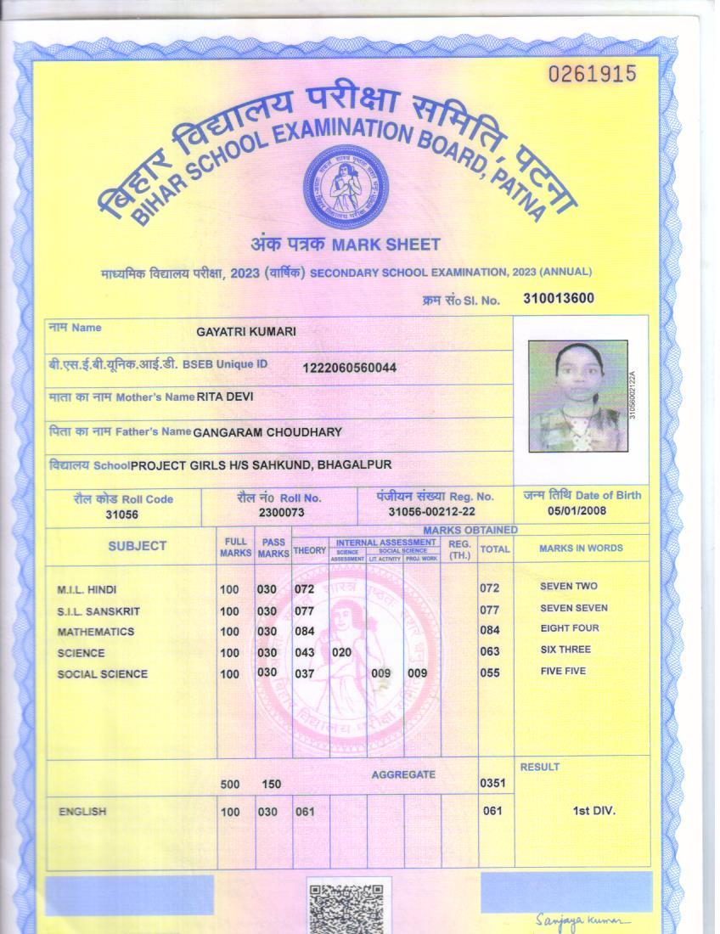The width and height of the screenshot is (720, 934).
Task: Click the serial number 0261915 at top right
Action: pyautogui.click(x=592, y=74)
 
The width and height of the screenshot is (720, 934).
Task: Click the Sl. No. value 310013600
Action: pyautogui.click(x=559, y=298)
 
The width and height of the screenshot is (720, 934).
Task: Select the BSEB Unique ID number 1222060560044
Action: pyautogui.click(x=349, y=368)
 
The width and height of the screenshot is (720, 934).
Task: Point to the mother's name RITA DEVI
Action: pyautogui.click(x=224, y=397)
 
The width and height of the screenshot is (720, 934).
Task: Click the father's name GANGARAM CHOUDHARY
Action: pyautogui.click(x=267, y=432)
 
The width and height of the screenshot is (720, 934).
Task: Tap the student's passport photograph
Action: pyautogui.click(x=578, y=396)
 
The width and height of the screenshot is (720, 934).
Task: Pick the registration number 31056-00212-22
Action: pyautogui.click(x=432, y=512)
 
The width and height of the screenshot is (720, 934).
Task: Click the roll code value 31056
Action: pyautogui.click(x=121, y=514)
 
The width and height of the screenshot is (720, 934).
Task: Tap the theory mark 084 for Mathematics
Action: pyautogui.click(x=304, y=631)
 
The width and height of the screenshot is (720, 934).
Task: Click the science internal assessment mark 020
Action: pyautogui.click(x=341, y=652)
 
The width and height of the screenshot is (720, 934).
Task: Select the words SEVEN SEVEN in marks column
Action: pyautogui.click(x=573, y=608)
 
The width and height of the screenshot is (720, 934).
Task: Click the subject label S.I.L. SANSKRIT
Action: pyautogui.click(x=98, y=611)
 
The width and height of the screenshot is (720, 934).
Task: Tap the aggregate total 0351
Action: pyautogui.click(x=492, y=783)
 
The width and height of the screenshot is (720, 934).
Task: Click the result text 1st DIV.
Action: pyautogui.click(x=593, y=811)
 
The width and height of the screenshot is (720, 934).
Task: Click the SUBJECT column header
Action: pyautogui.click(x=137, y=546)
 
